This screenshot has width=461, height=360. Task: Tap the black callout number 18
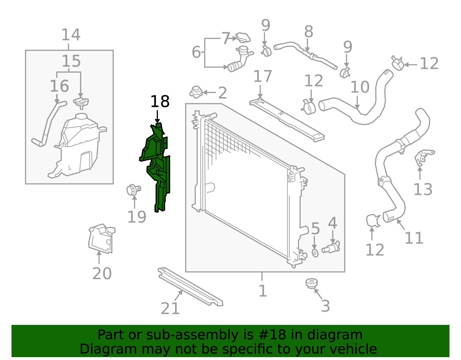pos(160,102)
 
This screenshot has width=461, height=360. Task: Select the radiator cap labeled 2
pos(196,92)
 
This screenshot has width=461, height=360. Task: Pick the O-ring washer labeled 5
pos(315,253)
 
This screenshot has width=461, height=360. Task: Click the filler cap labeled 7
pos(243,37)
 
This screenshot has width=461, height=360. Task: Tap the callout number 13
pos(423,189)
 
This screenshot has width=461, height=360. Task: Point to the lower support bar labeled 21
pos(190,287)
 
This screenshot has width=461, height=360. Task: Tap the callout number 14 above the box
pos(71,35)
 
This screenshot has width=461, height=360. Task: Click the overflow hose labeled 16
pos(48,124)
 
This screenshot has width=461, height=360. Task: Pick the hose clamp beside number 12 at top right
pos(398,64)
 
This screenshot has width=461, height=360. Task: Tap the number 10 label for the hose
pos(360,87)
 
